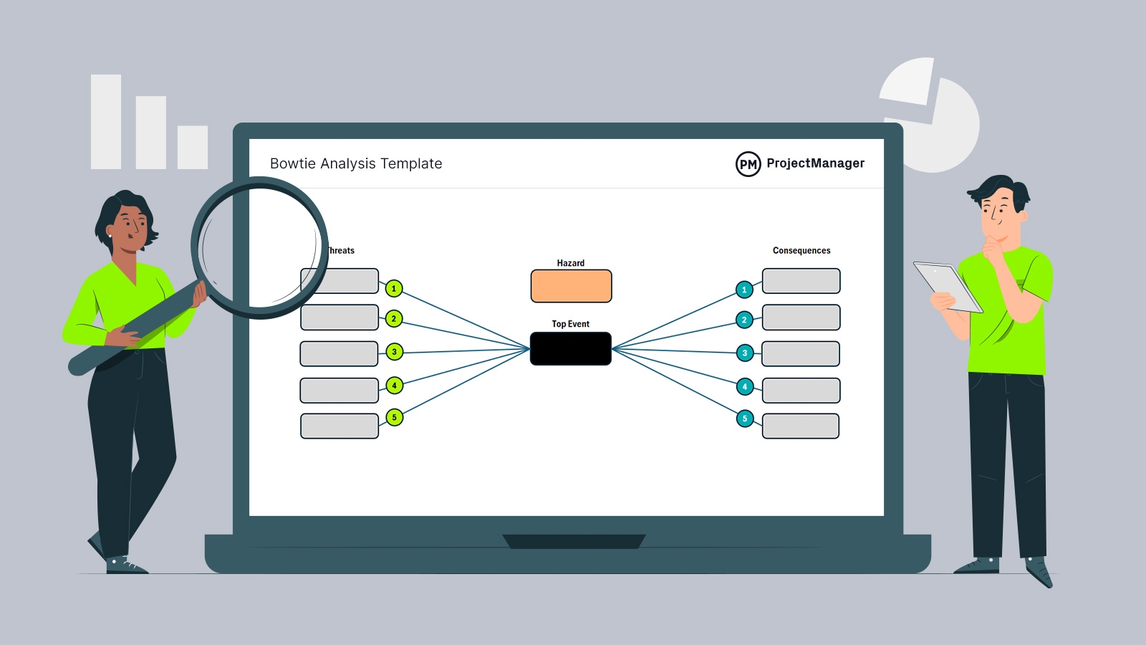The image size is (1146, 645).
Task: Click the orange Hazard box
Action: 571,286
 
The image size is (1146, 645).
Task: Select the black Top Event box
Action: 571,348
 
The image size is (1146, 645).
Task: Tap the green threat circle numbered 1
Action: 393,289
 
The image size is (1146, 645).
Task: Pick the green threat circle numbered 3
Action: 394,352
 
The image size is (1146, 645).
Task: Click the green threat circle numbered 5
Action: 394,417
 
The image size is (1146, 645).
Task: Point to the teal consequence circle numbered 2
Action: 744,320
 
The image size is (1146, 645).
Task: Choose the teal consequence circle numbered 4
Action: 745,387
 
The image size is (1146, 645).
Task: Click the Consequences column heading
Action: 801,251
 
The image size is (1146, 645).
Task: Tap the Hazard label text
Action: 571,263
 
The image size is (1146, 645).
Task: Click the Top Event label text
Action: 571,324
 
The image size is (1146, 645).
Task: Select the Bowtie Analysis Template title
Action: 356,163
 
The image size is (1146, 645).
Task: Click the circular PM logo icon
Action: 748,164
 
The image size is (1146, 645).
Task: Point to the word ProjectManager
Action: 815,163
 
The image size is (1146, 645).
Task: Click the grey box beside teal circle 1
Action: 801,281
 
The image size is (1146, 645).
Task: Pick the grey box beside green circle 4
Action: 339,391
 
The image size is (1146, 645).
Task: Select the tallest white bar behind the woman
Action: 106,122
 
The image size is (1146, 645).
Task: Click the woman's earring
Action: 110,234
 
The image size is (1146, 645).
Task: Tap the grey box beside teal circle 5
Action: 801,426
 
